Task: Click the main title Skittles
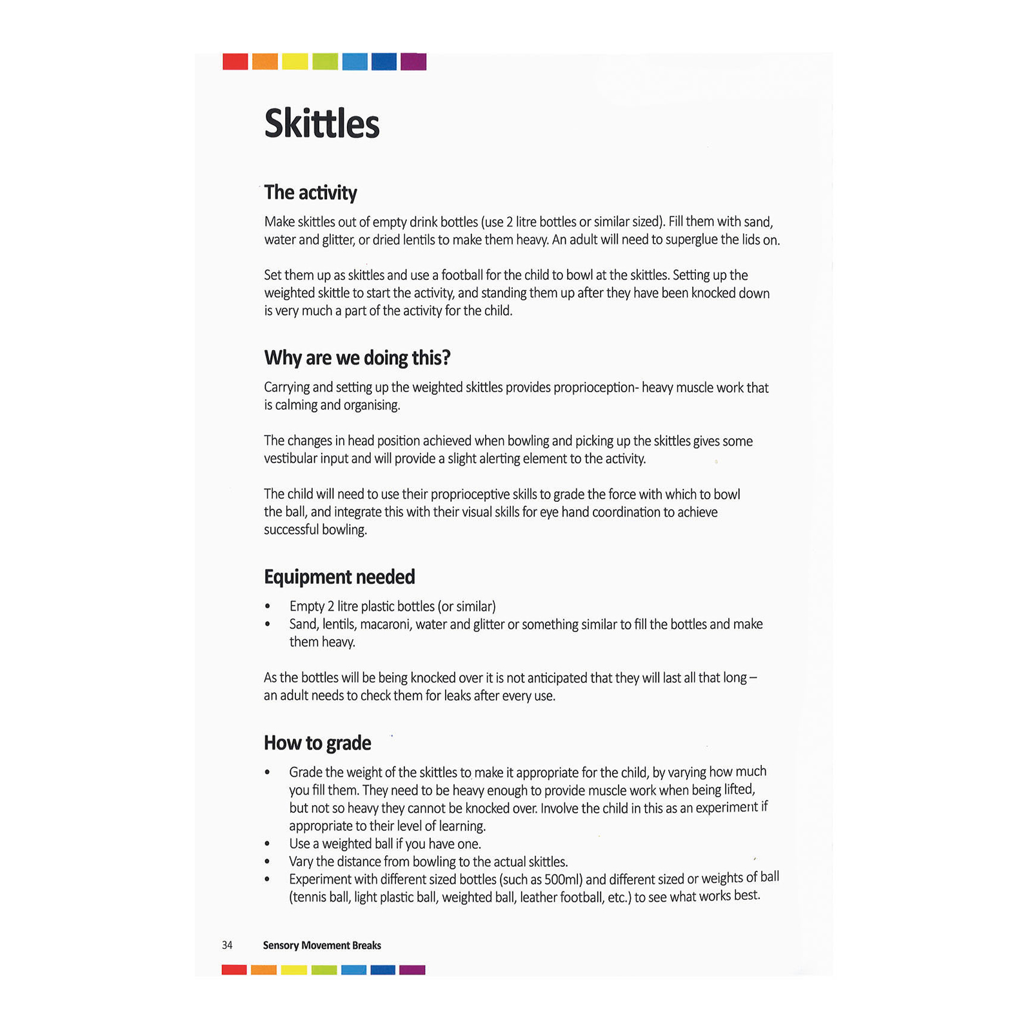[x=322, y=124]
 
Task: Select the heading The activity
[x=310, y=192]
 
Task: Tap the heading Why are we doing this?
[x=357, y=357]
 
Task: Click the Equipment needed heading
[x=339, y=577]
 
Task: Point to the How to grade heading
[x=317, y=743]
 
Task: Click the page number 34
[x=227, y=945]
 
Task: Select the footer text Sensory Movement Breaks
[x=322, y=945]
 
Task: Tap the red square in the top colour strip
[x=235, y=62]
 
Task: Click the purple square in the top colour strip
[x=413, y=62]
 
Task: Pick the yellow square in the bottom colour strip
[x=294, y=969]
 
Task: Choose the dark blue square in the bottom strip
[x=383, y=969]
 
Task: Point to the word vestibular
[x=290, y=459]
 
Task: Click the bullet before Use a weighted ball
[x=268, y=844]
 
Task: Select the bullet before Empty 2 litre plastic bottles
[x=268, y=606]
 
